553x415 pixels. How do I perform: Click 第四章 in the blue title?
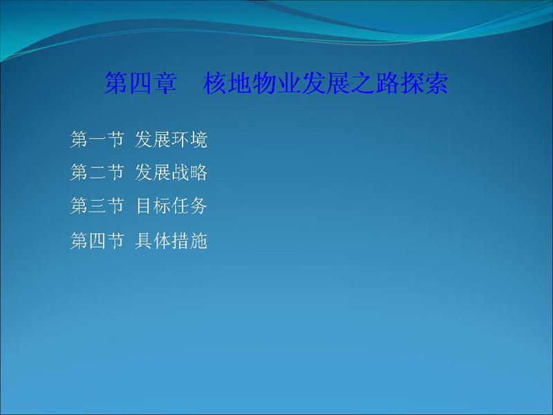(x=140, y=83)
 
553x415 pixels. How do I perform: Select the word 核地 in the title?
(x=227, y=83)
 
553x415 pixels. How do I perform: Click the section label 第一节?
(x=97, y=140)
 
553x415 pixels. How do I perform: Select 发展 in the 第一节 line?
(x=153, y=140)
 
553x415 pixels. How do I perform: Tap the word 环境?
(x=189, y=140)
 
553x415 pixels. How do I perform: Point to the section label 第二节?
(x=97, y=172)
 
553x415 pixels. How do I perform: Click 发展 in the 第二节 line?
(x=153, y=172)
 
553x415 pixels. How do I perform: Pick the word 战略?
(x=189, y=172)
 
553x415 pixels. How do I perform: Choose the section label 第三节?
(x=97, y=205)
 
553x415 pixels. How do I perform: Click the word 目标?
(x=153, y=205)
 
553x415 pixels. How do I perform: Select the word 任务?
(x=189, y=205)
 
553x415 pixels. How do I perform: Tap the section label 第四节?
(x=97, y=241)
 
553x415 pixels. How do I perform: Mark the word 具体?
(x=153, y=241)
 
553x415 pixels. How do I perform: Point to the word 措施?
(x=189, y=241)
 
